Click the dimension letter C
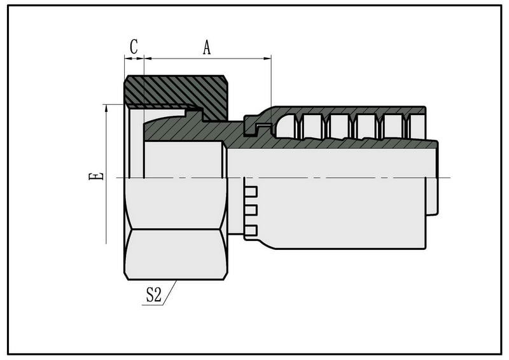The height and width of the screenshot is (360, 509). click(134, 46)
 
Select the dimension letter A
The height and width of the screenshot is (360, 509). click(207, 47)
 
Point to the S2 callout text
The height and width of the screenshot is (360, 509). click(153, 294)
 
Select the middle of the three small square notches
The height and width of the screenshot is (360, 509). click(251, 211)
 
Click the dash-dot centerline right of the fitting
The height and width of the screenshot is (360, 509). click(445, 177)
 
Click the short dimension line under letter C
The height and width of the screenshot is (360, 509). click(134, 59)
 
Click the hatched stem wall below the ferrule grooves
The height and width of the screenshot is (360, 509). click(356, 144)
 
